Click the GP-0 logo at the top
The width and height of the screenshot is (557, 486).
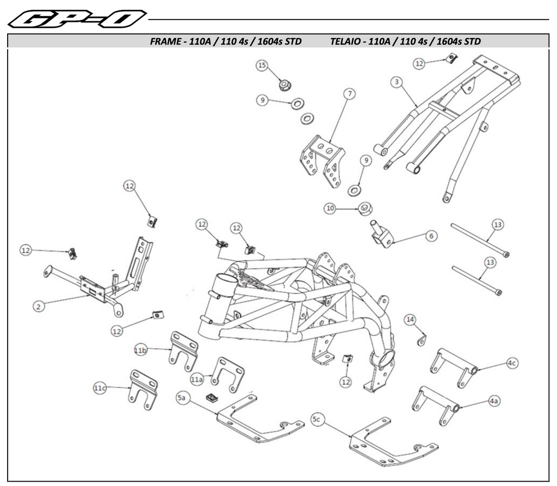[x=77, y=19]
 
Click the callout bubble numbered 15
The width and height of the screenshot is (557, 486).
[x=262, y=66]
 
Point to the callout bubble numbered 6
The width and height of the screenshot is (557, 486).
[x=431, y=236]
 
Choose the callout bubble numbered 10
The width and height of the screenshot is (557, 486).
[x=330, y=208]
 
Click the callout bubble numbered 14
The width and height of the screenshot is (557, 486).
[x=410, y=319]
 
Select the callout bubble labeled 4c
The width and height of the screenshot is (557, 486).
[x=511, y=363]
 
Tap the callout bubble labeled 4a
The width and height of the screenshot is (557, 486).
[x=493, y=401]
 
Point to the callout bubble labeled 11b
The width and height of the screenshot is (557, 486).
[x=141, y=350]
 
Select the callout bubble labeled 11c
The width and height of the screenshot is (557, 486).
[x=100, y=388]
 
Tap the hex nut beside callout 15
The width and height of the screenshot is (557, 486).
[x=284, y=85]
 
